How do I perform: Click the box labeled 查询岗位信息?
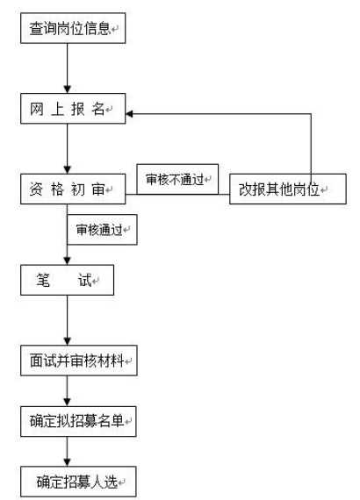click(73, 28)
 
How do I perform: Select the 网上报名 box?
click(73, 109)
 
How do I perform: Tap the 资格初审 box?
click(73, 189)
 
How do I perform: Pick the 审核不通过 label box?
click(177, 179)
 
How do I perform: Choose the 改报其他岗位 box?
click(287, 189)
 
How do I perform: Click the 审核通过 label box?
click(102, 230)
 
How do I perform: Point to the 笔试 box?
click(67, 280)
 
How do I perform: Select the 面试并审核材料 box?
click(79, 361)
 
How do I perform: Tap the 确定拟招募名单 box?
click(78, 421)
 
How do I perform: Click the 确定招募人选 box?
click(78, 482)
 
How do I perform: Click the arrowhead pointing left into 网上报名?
click(130, 113)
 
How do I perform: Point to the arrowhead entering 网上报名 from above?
click(67, 89)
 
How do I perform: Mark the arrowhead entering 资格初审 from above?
click(67, 169)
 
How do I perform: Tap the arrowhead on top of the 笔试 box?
click(67, 261)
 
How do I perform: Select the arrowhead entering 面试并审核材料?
click(67, 341)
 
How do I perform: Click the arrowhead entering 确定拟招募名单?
click(67, 402)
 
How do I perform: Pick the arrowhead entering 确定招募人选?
click(67, 462)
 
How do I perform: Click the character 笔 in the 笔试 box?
click(43, 280)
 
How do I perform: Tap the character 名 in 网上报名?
click(98, 109)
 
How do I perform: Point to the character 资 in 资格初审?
click(36, 189)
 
